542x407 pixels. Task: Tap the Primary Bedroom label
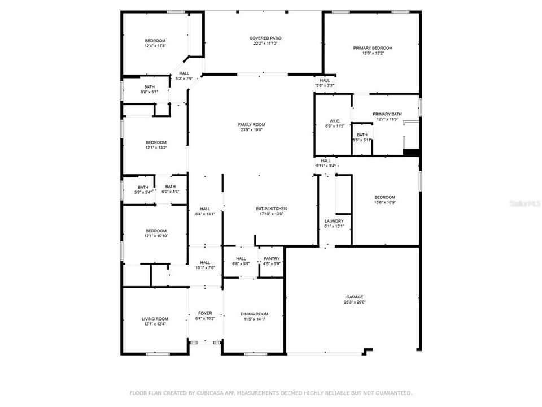pos(373,48)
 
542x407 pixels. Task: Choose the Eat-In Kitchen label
pos(272,209)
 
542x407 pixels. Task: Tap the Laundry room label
pos(334,221)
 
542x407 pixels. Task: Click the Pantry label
pos(272,258)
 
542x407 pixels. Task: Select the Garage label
pos(355,297)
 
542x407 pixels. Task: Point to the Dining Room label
pos(254,314)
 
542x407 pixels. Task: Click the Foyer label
pos(204,313)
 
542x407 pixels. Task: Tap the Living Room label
pos(155,319)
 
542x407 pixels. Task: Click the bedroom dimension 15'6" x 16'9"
pos(384,202)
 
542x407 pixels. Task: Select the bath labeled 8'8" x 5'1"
pos(149,92)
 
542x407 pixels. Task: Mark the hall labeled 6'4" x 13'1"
pos(205,214)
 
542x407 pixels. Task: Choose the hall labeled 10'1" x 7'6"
pos(205,268)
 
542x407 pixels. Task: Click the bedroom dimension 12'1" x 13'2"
pos(156,148)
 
